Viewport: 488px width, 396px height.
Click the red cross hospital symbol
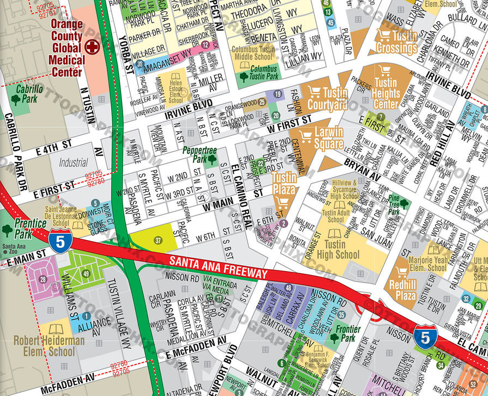click(x=93, y=47)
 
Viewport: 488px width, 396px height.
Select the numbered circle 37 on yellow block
click(x=158, y=240)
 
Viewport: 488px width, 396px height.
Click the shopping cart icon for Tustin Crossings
click(x=384, y=35)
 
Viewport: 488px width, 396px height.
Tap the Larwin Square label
click(x=329, y=138)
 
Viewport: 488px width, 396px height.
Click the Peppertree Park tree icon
click(x=212, y=160)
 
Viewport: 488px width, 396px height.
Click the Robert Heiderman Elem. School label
click(x=49, y=346)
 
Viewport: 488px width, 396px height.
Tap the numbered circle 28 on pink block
click(x=43, y=280)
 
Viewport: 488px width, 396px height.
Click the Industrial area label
click(x=73, y=163)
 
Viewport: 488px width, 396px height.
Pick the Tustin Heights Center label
click(x=386, y=93)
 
